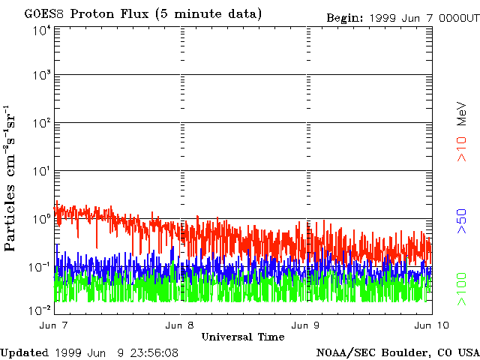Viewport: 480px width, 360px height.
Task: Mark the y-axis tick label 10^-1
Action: (x=40, y=268)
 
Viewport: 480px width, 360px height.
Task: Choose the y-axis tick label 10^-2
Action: (x=40, y=310)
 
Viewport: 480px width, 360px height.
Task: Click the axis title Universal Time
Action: (x=243, y=337)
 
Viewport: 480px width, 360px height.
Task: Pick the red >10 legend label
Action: (x=463, y=148)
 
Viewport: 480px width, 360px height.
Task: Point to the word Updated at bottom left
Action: (x=25, y=352)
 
